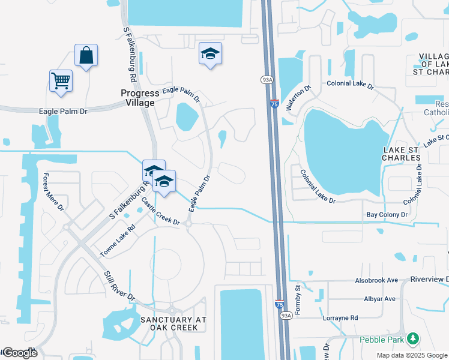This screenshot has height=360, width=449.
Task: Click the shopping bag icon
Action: [86, 55]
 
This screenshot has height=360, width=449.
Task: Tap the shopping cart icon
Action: [61, 80]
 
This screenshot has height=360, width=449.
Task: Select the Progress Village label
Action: [140, 98]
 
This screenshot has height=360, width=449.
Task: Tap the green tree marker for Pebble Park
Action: [412, 339]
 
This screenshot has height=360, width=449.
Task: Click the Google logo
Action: [19, 353]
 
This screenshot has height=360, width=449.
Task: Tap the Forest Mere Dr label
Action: [53, 192]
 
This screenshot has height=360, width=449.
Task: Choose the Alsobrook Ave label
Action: [376, 280]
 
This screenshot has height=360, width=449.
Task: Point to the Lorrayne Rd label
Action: [340, 318]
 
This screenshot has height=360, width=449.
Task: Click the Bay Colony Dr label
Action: [387, 214]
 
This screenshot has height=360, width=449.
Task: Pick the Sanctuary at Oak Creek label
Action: [173, 323]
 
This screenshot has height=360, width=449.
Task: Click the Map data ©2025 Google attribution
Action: [412, 355]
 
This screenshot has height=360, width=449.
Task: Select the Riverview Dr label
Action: [430, 280]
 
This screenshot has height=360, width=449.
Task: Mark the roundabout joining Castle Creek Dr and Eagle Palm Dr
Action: [188, 224]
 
